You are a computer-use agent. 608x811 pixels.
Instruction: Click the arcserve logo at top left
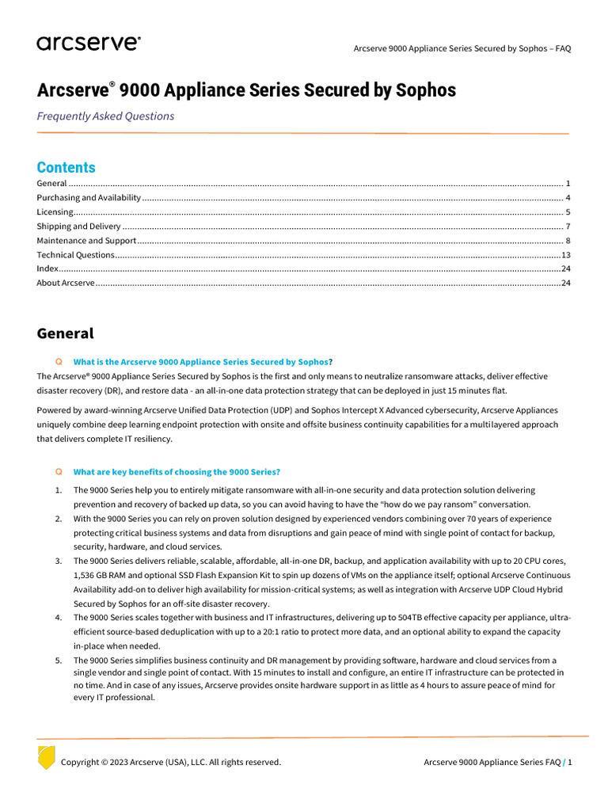(89, 44)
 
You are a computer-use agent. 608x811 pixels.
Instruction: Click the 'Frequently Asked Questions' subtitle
(105, 116)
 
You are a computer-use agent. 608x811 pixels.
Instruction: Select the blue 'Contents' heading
(66, 167)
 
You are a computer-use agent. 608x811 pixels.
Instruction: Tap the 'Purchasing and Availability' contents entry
(89, 198)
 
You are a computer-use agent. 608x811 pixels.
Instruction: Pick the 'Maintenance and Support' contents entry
(86, 241)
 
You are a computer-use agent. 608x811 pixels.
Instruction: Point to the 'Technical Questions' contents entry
(75, 255)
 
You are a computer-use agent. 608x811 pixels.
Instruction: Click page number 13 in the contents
(565, 255)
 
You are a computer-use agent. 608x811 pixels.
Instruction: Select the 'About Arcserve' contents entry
(66, 284)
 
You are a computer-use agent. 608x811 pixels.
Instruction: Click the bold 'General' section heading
(65, 333)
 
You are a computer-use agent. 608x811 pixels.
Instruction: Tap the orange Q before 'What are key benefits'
(59, 472)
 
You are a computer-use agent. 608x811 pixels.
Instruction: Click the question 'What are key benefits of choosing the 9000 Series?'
(177, 472)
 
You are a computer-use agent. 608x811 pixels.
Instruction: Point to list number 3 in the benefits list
(59, 561)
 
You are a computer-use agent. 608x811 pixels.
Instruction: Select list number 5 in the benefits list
(59, 661)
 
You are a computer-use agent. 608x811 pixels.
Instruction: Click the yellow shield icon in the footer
(47, 757)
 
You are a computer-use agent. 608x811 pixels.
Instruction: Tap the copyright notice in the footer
(170, 763)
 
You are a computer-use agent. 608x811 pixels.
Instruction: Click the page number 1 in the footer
(569, 763)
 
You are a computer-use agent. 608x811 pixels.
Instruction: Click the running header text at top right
(462, 48)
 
